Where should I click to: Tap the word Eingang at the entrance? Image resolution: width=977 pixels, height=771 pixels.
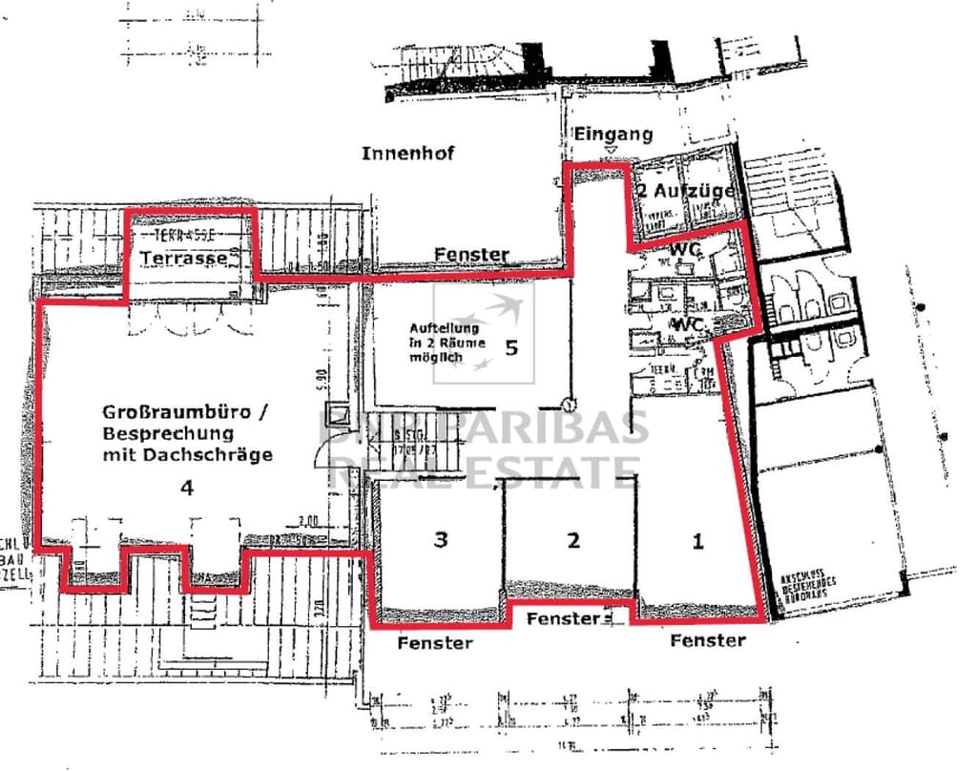click(613, 135)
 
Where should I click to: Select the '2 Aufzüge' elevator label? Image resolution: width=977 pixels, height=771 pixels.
click(687, 191)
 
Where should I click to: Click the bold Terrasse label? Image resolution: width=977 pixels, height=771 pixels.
click(183, 258)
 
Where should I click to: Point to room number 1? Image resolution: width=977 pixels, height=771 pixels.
click(697, 541)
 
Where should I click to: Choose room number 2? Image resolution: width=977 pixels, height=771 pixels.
click(572, 540)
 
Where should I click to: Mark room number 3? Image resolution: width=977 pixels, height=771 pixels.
click(440, 540)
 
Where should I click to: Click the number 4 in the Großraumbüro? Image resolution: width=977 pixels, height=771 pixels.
click(187, 488)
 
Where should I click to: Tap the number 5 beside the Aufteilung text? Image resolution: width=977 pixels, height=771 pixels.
click(510, 346)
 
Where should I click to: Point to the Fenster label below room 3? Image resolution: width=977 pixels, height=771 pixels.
click(435, 642)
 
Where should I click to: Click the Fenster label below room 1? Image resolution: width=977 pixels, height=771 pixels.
click(707, 640)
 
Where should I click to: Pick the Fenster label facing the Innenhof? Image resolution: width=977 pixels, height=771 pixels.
click(471, 255)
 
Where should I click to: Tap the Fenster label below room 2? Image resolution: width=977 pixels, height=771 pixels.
click(563, 618)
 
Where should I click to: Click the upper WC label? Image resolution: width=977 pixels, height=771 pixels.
click(686, 248)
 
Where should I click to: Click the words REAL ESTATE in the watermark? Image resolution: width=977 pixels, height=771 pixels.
click(487, 469)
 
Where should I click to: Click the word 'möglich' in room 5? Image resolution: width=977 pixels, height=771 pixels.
click(436, 357)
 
